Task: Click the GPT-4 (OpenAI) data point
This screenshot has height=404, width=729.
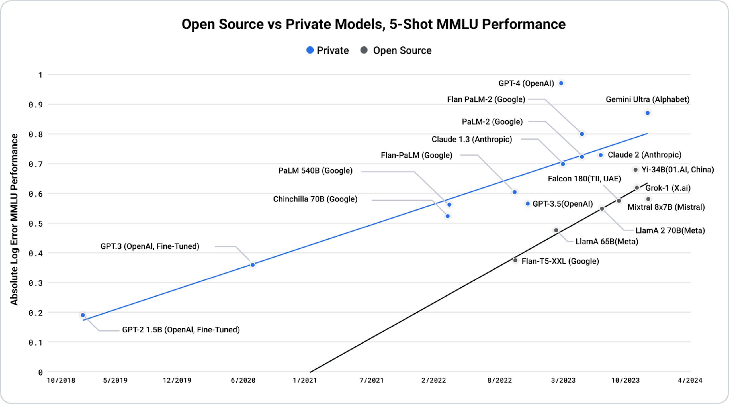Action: tap(561, 83)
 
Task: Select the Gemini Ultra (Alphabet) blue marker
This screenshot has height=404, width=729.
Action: tap(647, 113)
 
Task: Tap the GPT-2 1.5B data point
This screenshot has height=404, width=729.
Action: tap(83, 315)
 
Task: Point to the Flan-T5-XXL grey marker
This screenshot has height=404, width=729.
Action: tap(515, 260)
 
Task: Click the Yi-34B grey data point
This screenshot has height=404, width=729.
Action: tap(635, 170)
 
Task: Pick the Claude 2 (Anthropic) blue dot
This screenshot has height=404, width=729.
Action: tap(601, 155)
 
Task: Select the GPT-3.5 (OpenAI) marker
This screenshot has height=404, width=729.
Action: tap(527, 204)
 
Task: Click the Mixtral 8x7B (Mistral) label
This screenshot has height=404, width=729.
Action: tap(666, 207)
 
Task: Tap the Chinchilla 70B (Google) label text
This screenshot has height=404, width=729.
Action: tap(315, 199)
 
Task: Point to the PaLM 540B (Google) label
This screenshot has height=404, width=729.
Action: tap(315, 171)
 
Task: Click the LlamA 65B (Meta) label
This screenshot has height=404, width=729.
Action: tap(607, 242)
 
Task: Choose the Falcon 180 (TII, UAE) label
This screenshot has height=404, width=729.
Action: tap(584, 179)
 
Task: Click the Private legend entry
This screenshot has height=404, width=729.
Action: tap(327, 50)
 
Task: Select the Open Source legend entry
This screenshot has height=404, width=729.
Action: tap(396, 50)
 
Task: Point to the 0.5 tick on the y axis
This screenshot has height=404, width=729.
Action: tap(36, 224)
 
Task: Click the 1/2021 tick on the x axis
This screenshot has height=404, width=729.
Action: tap(305, 380)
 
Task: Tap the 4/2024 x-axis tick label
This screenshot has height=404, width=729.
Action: tap(690, 380)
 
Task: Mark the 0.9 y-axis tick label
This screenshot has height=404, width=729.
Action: tap(36, 105)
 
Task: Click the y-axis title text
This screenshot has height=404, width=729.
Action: tap(14, 219)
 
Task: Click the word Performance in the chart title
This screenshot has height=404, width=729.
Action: tap(523, 24)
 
